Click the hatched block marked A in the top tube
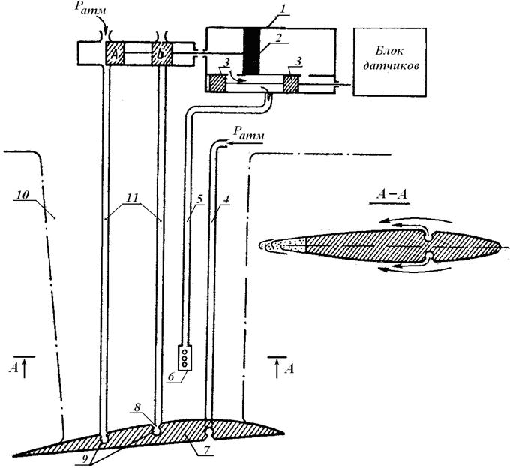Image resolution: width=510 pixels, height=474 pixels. pyautogui.click(x=115, y=53)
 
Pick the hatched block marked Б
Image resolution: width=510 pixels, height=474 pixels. pyautogui.click(x=162, y=54)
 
